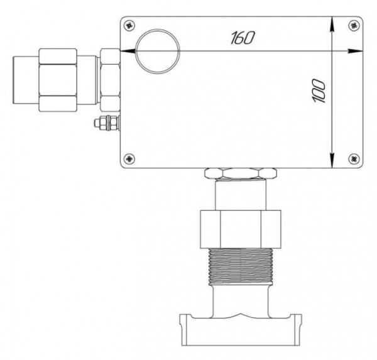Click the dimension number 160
point(243,38)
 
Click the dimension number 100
point(320,91)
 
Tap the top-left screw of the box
point(129,25)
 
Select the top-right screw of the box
point(354,25)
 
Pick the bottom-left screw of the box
point(129,158)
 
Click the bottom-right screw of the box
point(354,158)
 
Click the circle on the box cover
point(136,52)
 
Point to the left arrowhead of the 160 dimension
point(127,51)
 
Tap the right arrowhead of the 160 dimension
point(356,51)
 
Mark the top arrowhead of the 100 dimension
point(332,24)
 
